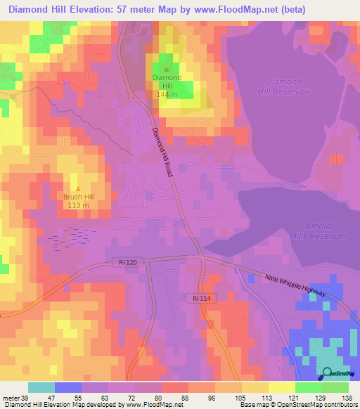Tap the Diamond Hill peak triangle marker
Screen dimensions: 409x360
click(166, 69)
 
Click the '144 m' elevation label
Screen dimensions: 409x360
click(167, 93)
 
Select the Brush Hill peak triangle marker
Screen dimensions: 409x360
click(78, 189)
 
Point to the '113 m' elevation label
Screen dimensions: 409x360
click(78, 205)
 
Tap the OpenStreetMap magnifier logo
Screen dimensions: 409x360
click(328, 373)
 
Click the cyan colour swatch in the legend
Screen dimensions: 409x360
click(41, 387)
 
